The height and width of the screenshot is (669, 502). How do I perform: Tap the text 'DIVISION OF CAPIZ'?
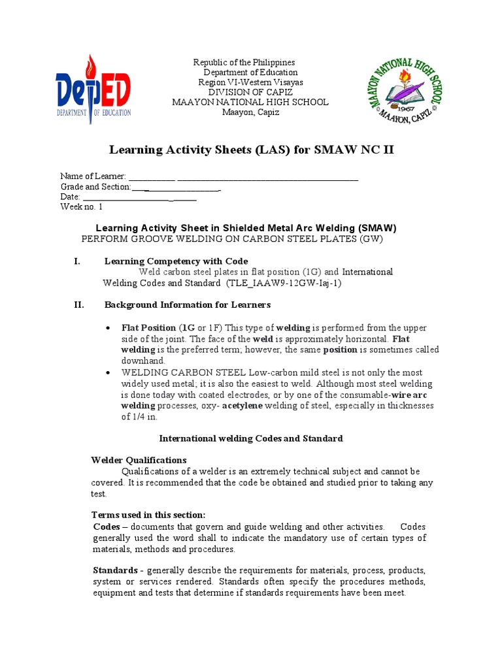click(x=250, y=92)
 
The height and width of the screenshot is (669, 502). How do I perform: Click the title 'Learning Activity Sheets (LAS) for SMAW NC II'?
click(x=251, y=151)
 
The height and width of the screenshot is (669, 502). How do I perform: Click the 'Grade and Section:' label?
click(x=95, y=187)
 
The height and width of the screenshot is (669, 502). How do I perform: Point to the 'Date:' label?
click(x=70, y=197)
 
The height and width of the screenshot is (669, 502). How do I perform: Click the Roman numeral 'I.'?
click(x=76, y=261)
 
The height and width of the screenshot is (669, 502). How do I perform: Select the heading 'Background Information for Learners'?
click(x=187, y=304)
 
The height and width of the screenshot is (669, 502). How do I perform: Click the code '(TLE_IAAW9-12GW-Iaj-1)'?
click(x=284, y=283)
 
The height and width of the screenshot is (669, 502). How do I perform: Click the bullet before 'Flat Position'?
click(x=107, y=328)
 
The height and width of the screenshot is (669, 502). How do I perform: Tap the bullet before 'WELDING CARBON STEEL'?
click(x=107, y=372)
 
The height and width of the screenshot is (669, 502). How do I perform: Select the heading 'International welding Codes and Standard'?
click(x=251, y=438)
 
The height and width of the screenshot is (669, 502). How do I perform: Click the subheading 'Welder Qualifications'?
click(x=139, y=460)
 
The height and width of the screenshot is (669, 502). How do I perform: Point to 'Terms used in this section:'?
click(x=148, y=515)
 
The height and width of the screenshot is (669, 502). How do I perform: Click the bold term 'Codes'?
click(x=107, y=527)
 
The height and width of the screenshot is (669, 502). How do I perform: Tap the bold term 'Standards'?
click(x=114, y=570)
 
